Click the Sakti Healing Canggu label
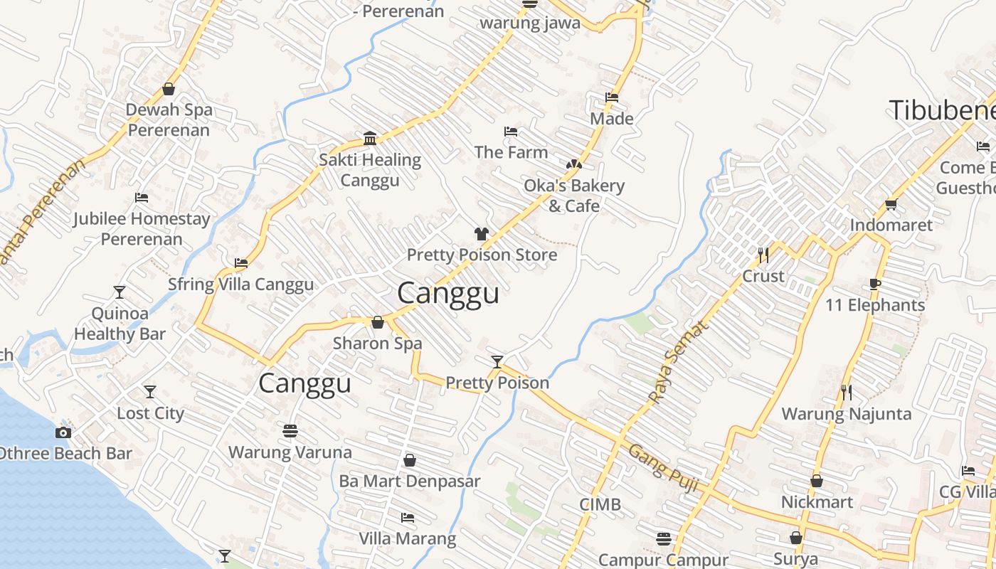pyautogui.click(x=369, y=170)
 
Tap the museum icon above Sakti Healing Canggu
pyautogui.click(x=370, y=137)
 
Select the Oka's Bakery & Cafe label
pyautogui.click(x=574, y=196)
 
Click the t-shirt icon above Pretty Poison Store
pyautogui.click(x=482, y=233)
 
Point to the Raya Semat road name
pyautogui.click(x=679, y=362)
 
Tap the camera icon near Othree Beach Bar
pyautogui.click(x=63, y=432)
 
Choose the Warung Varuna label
pyautogui.click(x=290, y=452)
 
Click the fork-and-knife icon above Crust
pyautogui.click(x=763, y=255)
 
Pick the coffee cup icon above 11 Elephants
pyautogui.click(x=875, y=284)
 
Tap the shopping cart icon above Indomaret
pyautogui.click(x=891, y=205)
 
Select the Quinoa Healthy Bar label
pyautogui.click(x=120, y=324)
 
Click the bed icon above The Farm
pyautogui.click(x=510, y=132)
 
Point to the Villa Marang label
pyautogui.click(x=407, y=538)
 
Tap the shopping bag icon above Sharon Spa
pyautogui.click(x=378, y=323)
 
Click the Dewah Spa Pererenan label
pyautogui.click(x=169, y=120)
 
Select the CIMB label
pyautogui.click(x=600, y=505)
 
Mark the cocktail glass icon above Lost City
pyautogui.click(x=150, y=392)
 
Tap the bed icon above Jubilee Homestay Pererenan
pyautogui.click(x=142, y=198)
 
